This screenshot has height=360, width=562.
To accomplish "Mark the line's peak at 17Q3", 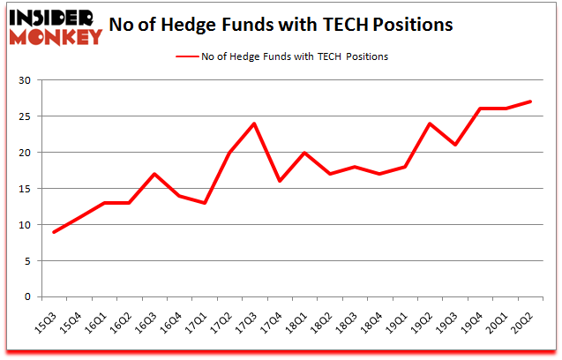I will point(254,124).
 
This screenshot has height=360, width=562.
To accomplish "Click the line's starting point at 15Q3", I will point(55,232).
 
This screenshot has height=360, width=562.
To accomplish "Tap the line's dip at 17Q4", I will point(279,181).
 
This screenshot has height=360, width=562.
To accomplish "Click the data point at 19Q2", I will point(429,124).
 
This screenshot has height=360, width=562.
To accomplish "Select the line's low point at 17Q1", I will point(205,203).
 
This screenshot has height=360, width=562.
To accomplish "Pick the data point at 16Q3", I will point(154,174).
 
